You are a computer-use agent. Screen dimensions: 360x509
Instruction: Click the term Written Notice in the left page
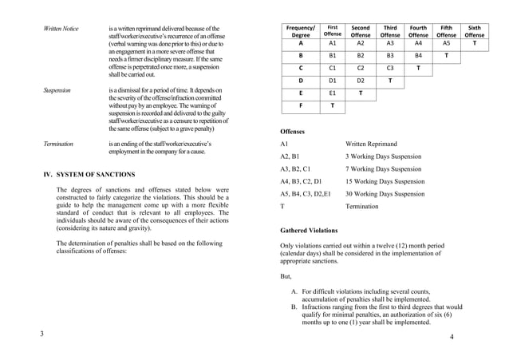[x=61, y=30]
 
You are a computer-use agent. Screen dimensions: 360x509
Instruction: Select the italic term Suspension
[x=57, y=90]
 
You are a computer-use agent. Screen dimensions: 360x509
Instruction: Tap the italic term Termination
[x=58, y=144]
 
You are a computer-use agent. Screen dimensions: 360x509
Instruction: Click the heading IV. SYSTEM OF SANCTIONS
[x=89, y=174]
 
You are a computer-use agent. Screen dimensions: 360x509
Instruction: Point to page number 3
[x=42, y=333]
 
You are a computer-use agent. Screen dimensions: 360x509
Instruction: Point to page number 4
[x=451, y=338]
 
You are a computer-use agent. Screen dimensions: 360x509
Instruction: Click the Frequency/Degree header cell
[x=301, y=31]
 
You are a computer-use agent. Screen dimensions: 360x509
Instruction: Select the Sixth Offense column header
[x=474, y=31]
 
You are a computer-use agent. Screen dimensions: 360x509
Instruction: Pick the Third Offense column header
[x=390, y=31]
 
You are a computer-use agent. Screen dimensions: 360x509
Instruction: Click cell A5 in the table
[x=447, y=44]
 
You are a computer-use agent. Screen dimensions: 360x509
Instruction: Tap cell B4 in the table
[x=418, y=57]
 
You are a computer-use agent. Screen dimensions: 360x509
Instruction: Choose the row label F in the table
[x=301, y=105]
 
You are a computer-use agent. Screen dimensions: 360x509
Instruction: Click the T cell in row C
[x=418, y=69]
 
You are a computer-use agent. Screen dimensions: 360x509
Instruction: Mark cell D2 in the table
[x=361, y=81]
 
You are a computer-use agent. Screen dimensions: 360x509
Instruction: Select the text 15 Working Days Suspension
[x=385, y=181]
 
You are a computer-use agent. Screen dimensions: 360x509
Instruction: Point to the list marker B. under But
[x=294, y=307]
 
